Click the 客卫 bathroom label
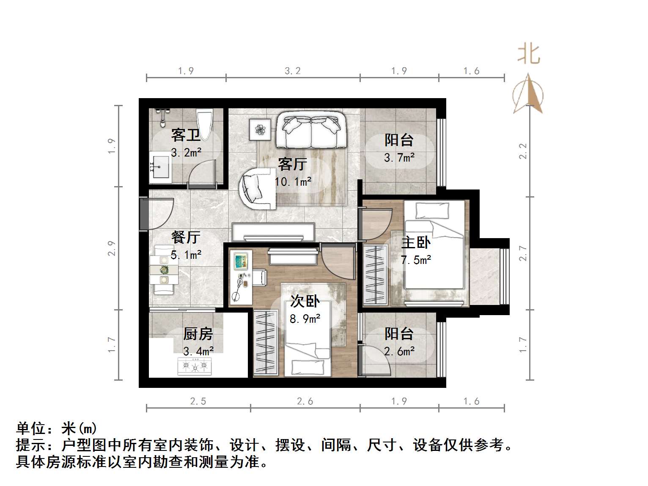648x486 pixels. [186, 135]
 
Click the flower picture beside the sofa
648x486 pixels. [260, 128]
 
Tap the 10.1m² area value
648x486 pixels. [293, 182]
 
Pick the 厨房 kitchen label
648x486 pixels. [198, 334]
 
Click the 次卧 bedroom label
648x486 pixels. [305, 301]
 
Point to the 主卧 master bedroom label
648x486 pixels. [416, 242]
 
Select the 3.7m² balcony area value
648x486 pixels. [399, 158]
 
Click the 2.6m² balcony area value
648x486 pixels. [399, 351]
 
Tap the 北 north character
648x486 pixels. [528, 55]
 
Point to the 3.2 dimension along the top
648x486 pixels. [293, 71]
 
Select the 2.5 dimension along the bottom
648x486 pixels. [198, 401]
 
